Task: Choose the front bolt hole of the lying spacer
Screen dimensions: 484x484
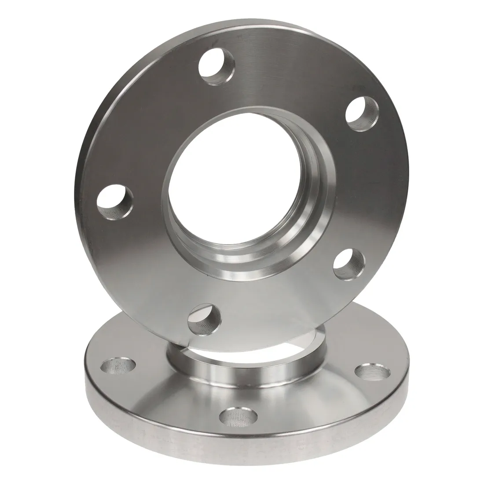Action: [239, 416]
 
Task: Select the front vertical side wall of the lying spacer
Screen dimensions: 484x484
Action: [246, 453]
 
